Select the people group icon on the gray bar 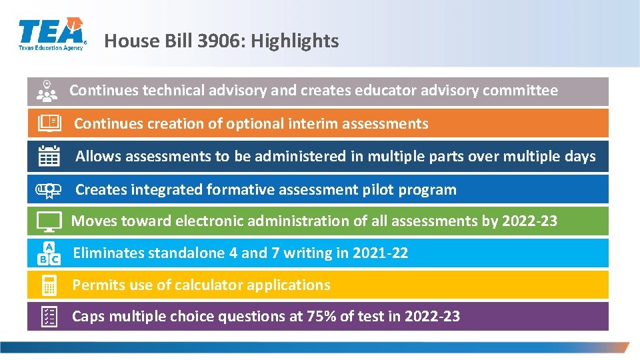(x=47, y=91)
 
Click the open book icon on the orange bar (x=49, y=123)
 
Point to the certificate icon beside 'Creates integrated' (x=49, y=189)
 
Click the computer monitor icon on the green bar (x=49, y=221)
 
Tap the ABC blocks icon (x=49, y=253)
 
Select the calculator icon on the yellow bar (x=49, y=285)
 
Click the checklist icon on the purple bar (x=49, y=317)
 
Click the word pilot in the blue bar (x=378, y=190)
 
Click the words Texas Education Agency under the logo (x=51, y=47)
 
